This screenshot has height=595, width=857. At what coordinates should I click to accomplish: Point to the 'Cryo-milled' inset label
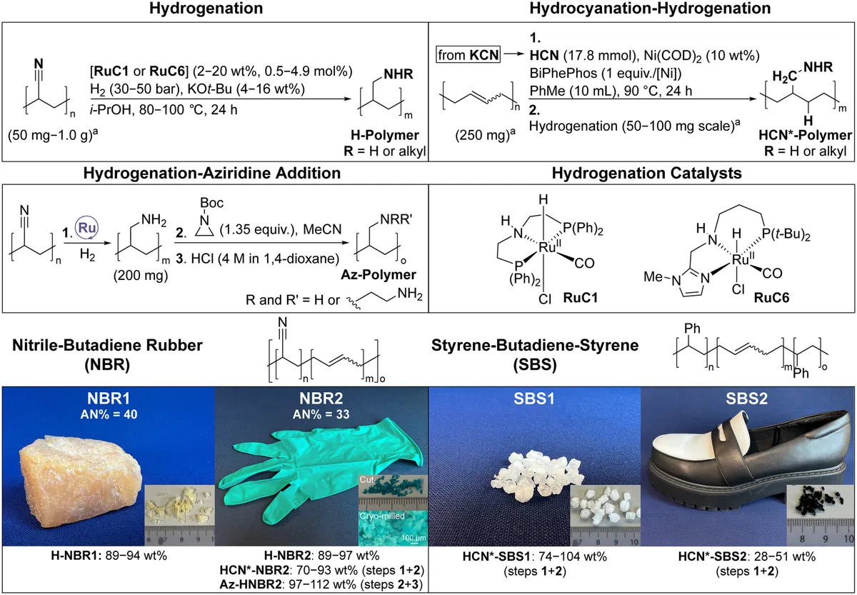(386, 513)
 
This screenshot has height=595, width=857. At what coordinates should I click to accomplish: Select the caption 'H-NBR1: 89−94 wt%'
(107, 556)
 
